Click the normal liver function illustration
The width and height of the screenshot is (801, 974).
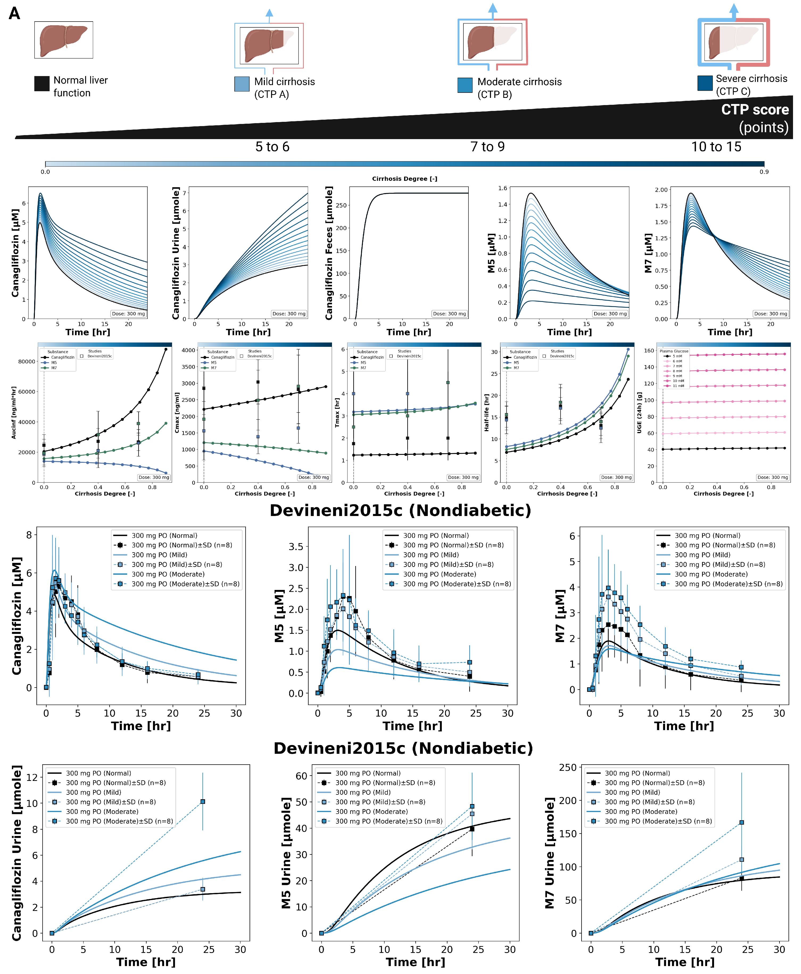click(63, 40)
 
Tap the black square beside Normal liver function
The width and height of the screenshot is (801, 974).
click(41, 84)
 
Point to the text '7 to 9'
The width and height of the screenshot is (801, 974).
click(487, 147)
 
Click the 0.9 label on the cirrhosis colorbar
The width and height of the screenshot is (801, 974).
click(764, 172)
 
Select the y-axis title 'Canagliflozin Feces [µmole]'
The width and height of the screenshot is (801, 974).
click(329, 253)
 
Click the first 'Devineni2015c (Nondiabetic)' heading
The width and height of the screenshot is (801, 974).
click(400, 510)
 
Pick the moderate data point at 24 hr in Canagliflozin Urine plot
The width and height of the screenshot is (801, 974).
click(202, 801)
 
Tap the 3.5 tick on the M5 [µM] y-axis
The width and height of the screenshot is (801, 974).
click(296, 547)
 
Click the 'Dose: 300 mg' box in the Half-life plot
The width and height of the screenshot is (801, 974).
click(616, 477)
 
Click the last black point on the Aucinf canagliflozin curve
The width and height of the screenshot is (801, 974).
click(166, 349)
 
